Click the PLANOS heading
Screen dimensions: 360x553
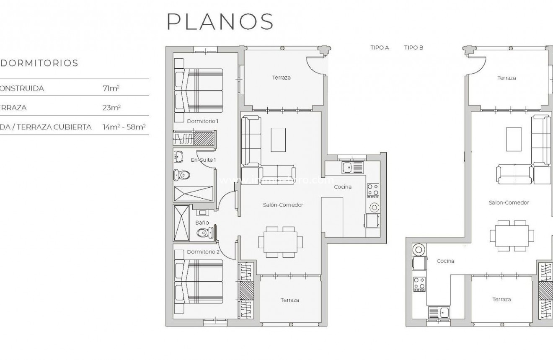[220, 21]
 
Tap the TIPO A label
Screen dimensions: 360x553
[380, 48]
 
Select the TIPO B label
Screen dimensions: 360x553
[413, 48]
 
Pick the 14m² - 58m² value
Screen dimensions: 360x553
[126, 127]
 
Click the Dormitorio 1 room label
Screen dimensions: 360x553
[203, 121]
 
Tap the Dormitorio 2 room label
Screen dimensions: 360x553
[203, 252]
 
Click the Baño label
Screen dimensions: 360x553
[202, 223]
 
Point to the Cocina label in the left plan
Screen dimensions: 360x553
[343, 187]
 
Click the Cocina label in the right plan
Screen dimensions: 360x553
[445, 261]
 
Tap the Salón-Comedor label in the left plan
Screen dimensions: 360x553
[283, 205]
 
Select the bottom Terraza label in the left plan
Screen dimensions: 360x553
[290, 300]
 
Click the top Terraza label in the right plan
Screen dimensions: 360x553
[506, 78]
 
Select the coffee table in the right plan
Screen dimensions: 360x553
[514, 140]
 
